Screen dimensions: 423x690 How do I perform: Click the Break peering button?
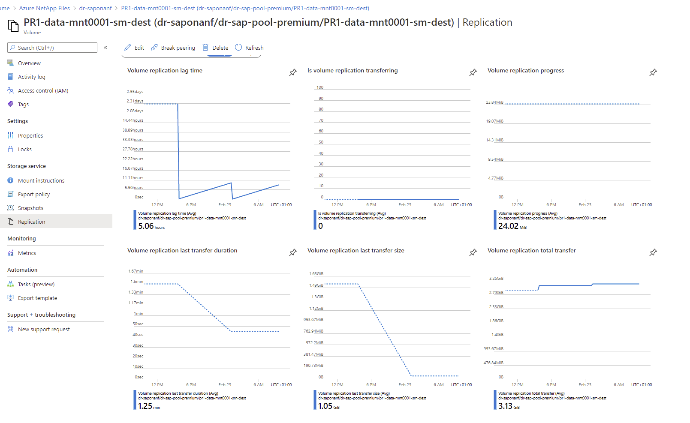click(173, 48)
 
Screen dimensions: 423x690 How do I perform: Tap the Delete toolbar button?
click(215, 48)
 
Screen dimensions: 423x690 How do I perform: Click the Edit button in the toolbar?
click(134, 48)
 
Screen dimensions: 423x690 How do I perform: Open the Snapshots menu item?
click(30, 208)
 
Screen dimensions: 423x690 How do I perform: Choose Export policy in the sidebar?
click(34, 194)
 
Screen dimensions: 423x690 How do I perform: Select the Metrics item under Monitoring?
click(27, 253)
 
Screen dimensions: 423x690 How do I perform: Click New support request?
click(44, 329)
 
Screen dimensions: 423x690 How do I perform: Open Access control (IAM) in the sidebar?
click(43, 90)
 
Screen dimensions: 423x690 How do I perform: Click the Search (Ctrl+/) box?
click(52, 48)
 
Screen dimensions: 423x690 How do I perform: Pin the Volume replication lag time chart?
click(293, 72)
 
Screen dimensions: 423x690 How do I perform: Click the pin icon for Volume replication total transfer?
click(653, 252)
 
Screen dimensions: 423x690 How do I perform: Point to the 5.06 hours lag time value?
click(151, 226)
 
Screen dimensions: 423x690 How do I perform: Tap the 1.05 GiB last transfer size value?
click(328, 406)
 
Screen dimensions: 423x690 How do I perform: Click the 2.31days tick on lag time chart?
click(135, 101)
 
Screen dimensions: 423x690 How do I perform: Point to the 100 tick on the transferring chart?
click(320, 87)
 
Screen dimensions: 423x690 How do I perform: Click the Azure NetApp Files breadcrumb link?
click(44, 8)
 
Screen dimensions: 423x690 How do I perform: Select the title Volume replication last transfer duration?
click(182, 250)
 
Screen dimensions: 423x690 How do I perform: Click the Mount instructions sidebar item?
click(41, 180)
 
